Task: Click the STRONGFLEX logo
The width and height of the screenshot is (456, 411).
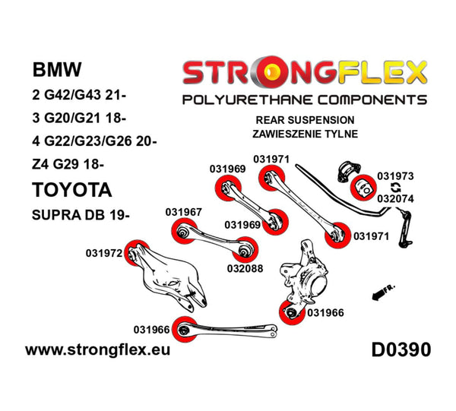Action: tap(302, 74)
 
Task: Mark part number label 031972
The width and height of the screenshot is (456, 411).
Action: tap(105, 252)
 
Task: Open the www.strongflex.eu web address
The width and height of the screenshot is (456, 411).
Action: tap(98, 351)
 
